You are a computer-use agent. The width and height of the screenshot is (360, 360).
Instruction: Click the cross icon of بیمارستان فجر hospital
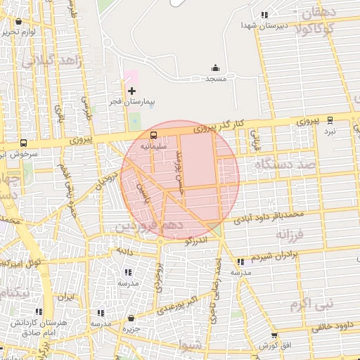(x=131, y=91)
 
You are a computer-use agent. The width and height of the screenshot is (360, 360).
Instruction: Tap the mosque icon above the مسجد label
(x=216, y=67)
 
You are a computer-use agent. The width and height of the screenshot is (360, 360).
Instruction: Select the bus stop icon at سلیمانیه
(x=153, y=134)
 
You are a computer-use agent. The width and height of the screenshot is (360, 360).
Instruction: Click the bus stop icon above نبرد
(x=330, y=120)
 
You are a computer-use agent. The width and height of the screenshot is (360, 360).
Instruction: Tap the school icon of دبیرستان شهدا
(x=264, y=15)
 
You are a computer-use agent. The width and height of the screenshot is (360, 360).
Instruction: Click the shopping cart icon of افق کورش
(x=274, y=335)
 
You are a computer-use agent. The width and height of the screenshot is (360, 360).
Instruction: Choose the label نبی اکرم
(x=308, y=304)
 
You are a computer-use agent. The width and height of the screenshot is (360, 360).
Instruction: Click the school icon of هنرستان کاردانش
(x=38, y=311)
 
